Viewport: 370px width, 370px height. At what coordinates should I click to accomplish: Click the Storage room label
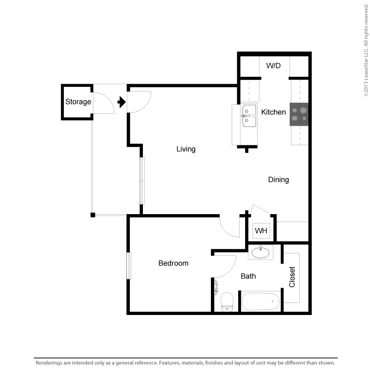78,102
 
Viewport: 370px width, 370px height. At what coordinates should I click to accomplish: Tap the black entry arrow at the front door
122,102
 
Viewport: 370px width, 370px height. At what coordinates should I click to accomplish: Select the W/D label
273,66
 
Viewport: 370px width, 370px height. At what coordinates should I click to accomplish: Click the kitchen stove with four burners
299,114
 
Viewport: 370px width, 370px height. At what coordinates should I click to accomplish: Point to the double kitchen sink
250,116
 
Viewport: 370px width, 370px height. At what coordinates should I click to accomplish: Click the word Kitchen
273,112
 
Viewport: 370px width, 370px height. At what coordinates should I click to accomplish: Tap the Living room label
186,149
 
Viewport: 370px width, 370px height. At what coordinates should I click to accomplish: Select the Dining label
278,179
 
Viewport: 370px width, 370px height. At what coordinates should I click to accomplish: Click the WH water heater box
261,230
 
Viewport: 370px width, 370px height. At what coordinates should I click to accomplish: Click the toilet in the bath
227,302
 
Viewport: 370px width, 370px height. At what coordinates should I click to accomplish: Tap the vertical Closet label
292,277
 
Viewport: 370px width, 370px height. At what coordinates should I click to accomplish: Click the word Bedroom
173,263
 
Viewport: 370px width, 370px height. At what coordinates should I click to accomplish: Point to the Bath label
248,276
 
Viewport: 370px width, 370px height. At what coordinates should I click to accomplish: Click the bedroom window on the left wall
129,265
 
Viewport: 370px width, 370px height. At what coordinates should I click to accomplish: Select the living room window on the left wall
142,180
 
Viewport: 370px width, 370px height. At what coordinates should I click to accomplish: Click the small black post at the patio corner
93,215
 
